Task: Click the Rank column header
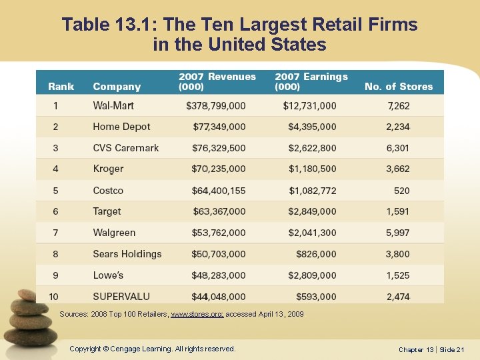[61, 87]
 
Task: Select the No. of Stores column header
[398, 87]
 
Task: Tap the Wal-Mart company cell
[113, 105]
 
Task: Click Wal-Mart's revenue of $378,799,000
[215, 105]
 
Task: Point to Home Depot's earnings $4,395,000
[312, 127]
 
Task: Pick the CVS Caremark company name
[126, 148]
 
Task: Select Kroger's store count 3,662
[397, 169]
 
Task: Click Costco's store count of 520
[401, 191]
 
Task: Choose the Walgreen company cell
[114, 233]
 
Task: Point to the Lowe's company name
[108, 275]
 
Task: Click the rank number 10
[54, 297]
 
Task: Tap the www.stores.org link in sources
[197, 314]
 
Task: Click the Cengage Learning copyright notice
[153, 349]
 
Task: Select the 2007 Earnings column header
[311, 81]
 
